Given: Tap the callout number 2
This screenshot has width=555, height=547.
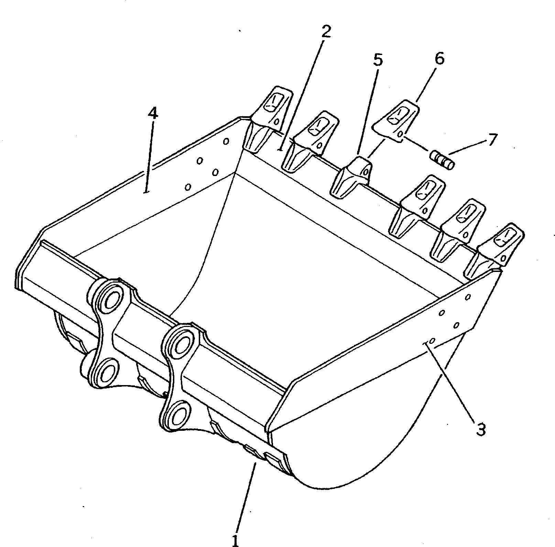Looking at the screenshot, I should pyautogui.click(x=325, y=32).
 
